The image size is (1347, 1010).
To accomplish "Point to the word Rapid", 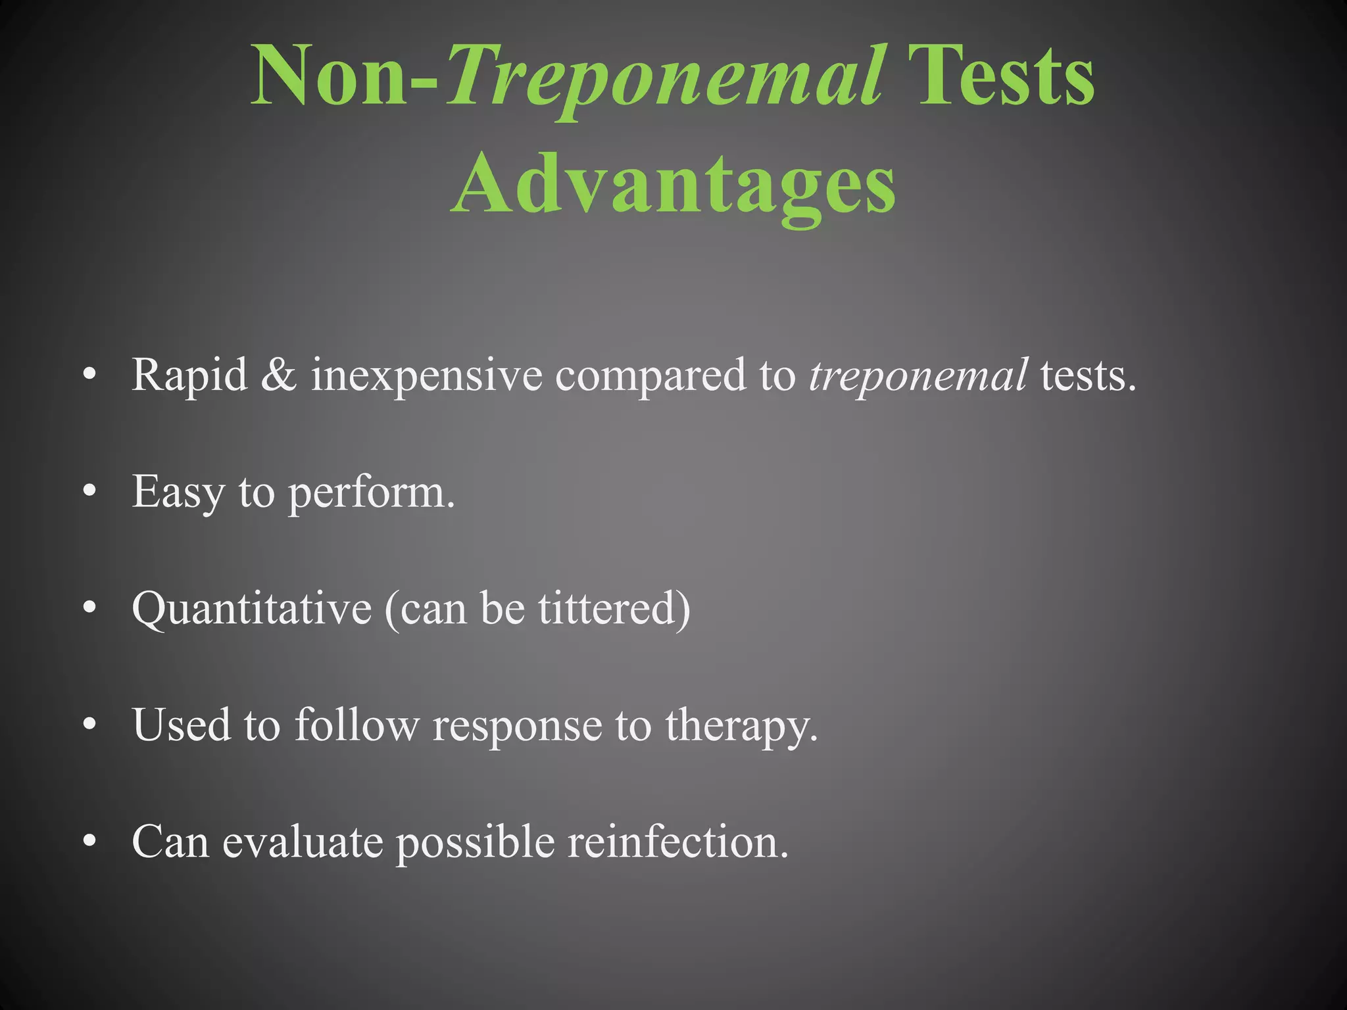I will pyautogui.click(x=189, y=375).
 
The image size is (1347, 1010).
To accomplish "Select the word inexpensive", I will pyautogui.click(x=426, y=375).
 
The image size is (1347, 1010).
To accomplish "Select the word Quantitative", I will pyautogui.click(x=251, y=609).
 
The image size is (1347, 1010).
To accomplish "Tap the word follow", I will pyautogui.click(x=356, y=725).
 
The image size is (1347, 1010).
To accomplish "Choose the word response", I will pyautogui.click(x=516, y=726).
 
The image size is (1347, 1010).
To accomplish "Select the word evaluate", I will pyautogui.click(x=303, y=841).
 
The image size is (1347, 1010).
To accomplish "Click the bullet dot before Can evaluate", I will pyautogui.click(x=91, y=841).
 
